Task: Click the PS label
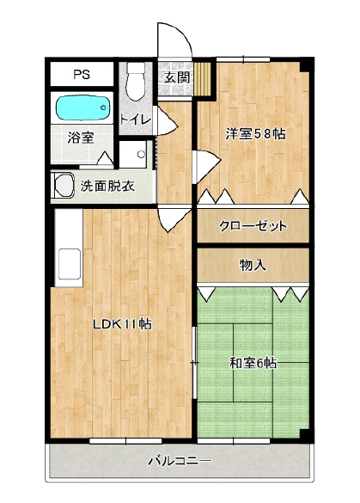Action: [82, 75]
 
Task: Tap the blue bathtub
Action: [83, 108]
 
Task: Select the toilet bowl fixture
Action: [136, 81]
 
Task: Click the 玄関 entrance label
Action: [177, 77]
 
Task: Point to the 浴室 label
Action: [81, 138]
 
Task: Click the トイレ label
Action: [135, 120]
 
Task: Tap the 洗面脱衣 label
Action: [107, 186]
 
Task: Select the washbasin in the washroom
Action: [64, 186]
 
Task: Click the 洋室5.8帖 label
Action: [255, 134]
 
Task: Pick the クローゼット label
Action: [253, 226]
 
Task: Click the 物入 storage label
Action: [253, 265]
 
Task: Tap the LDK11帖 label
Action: [122, 324]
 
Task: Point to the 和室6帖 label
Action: [253, 363]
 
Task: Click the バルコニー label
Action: [180, 461]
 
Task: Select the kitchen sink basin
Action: [70, 264]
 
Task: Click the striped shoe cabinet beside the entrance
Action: [203, 79]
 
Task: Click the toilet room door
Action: [165, 120]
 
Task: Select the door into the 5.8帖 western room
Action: [206, 167]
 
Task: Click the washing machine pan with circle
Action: [132, 154]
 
